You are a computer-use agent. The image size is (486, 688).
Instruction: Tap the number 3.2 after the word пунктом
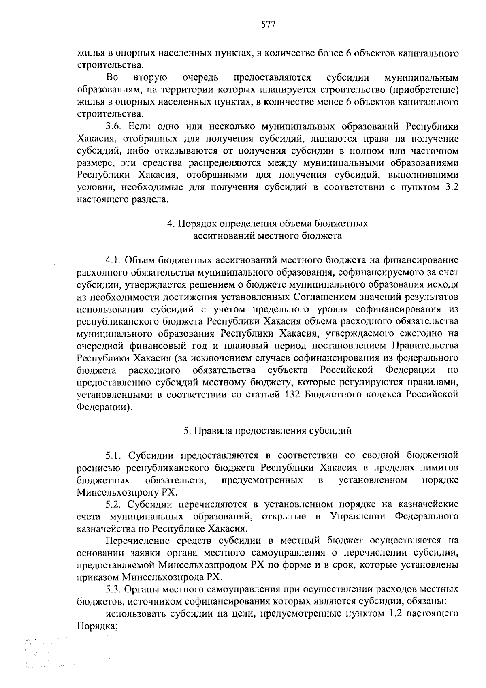tap(451, 188)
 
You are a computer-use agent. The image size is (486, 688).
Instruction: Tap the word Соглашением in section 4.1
tap(324, 297)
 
